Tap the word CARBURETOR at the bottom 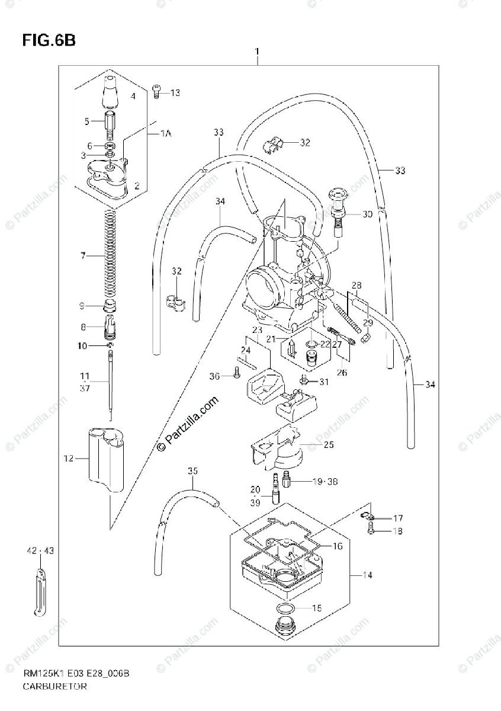pyautogui.click(x=55, y=687)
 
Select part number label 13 pyautogui.click(x=175, y=93)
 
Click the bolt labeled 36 pyautogui.click(x=237, y=374)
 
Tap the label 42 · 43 pyautogui.click(x=40, y=551)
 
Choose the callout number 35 pyautogui.click(x=191, y=472)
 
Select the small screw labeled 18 pyautogui.click(x=371, y=531)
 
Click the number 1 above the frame pyautogui.click(x=257, y=52)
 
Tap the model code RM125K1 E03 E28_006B pyautogui.click(x=76, y=674)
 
